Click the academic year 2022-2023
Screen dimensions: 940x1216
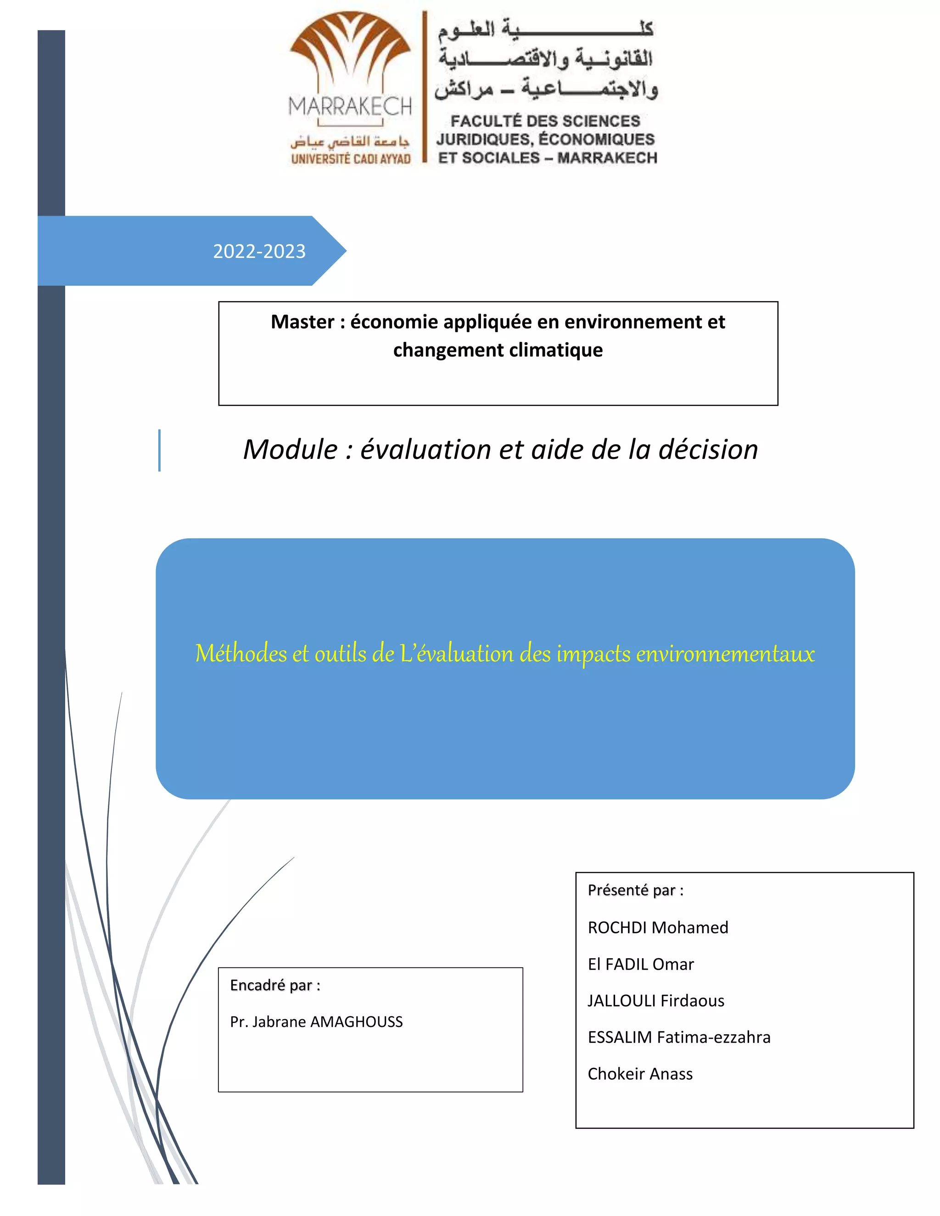[259, 251]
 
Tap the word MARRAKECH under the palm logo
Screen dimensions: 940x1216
[350, 106]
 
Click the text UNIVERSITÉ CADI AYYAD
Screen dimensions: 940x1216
[351, 159]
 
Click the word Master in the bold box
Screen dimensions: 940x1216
[302, 322]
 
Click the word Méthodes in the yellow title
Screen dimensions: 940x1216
[241, 653]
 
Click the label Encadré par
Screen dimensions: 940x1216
[274, 986]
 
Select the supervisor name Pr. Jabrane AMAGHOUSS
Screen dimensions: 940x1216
[316, 1022]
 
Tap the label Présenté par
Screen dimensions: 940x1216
[635, 890]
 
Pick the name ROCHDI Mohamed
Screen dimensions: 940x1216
[658, 927]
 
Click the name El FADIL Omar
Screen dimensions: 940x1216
[640, 965]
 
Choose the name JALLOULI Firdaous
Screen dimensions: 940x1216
[655, 1001]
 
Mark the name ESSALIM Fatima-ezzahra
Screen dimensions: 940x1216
[679, 1038]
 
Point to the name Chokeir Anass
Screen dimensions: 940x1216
[640, 1074]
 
